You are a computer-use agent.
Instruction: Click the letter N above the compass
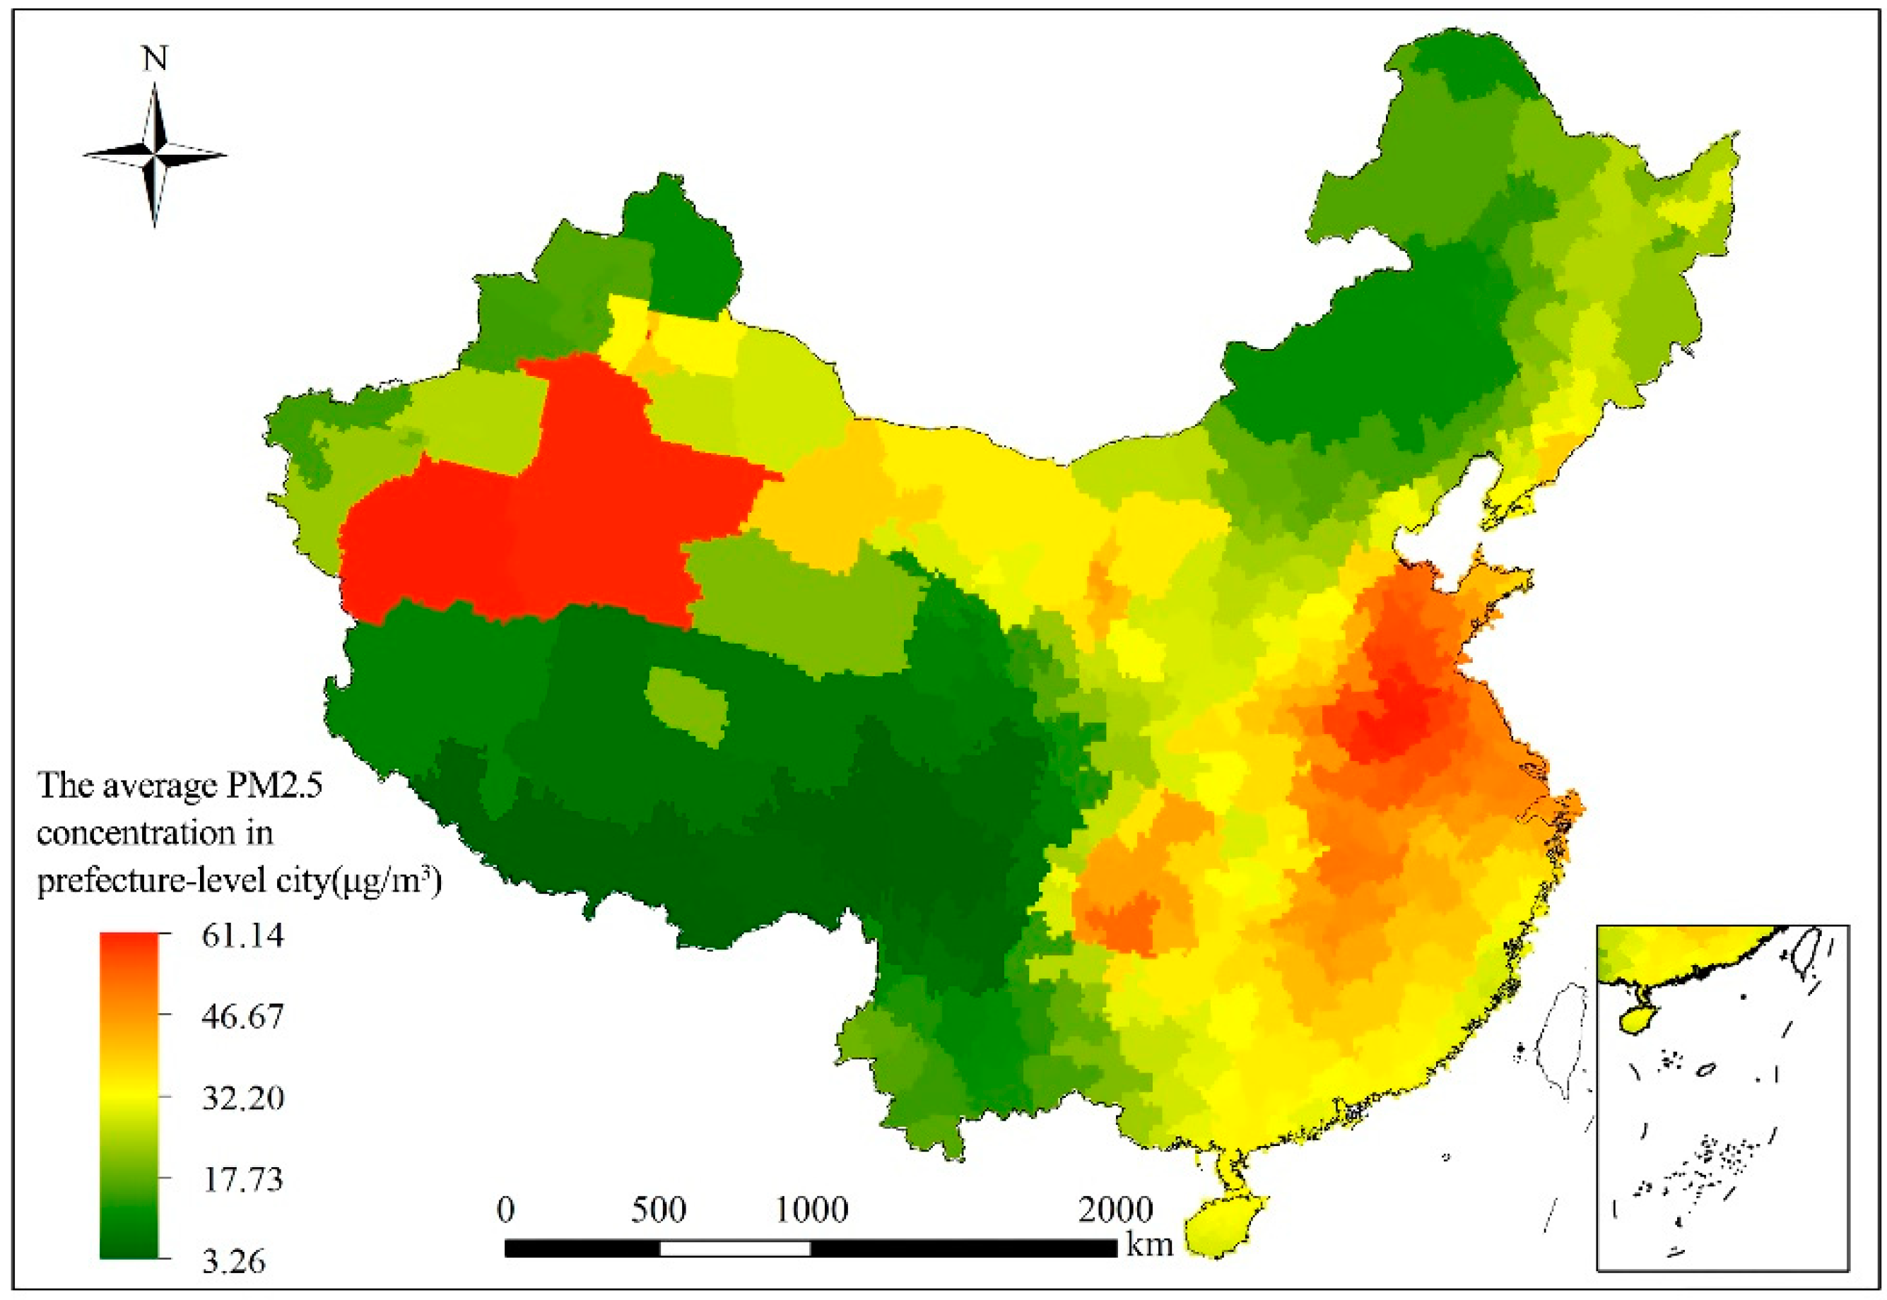155,59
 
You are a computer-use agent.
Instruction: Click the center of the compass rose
155,154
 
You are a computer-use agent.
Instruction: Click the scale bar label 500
659,1210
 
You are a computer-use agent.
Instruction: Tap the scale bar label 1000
811,1210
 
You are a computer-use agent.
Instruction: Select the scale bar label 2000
1115,1210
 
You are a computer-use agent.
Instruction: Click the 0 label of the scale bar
506,1210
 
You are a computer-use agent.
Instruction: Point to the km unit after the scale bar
1149,1243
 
